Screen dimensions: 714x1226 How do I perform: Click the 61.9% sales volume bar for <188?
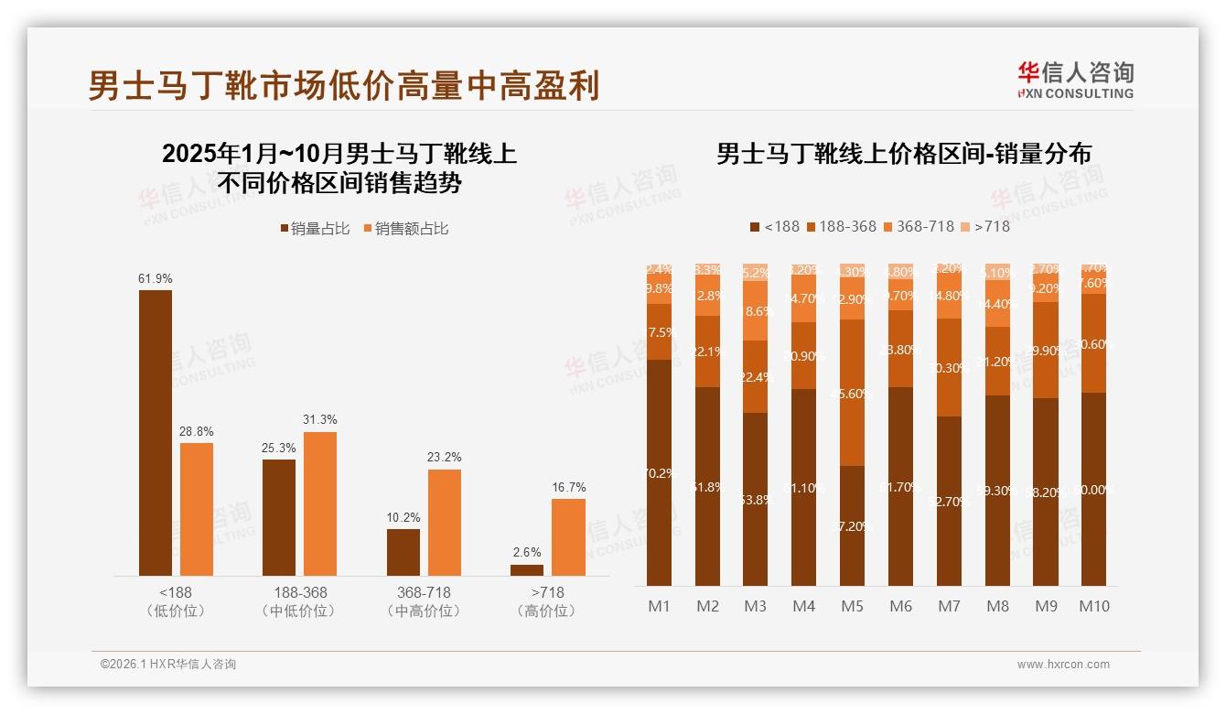[155, 432]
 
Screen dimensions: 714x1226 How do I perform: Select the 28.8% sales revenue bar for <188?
[197, 509]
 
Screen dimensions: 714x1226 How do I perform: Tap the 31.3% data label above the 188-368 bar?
[319, 419]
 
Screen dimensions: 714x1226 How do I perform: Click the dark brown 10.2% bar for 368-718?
[403, 552]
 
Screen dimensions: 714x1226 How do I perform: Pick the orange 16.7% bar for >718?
[568, 536]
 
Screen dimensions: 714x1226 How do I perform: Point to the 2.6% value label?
[527, 552]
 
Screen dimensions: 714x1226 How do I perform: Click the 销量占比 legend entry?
[315, 229]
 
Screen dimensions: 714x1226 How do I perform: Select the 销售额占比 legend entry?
[406, 229]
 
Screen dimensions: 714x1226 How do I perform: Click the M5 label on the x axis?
[852, 606]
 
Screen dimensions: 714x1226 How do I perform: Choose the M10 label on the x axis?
[1093, 606]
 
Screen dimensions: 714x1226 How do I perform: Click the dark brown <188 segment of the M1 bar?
[659, 472]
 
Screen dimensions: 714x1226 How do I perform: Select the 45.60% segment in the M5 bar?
[852, 393]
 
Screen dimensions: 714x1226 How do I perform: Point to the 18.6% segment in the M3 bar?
[755, 311]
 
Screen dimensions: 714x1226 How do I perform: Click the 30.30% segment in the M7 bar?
[949, 368]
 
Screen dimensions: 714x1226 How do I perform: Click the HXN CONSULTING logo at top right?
[1075, 81]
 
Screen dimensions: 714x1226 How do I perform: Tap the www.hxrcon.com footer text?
[1062, 665]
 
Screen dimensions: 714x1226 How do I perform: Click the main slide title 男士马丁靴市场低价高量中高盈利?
[343, 86]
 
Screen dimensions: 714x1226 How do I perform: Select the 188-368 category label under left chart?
[298, 601]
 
